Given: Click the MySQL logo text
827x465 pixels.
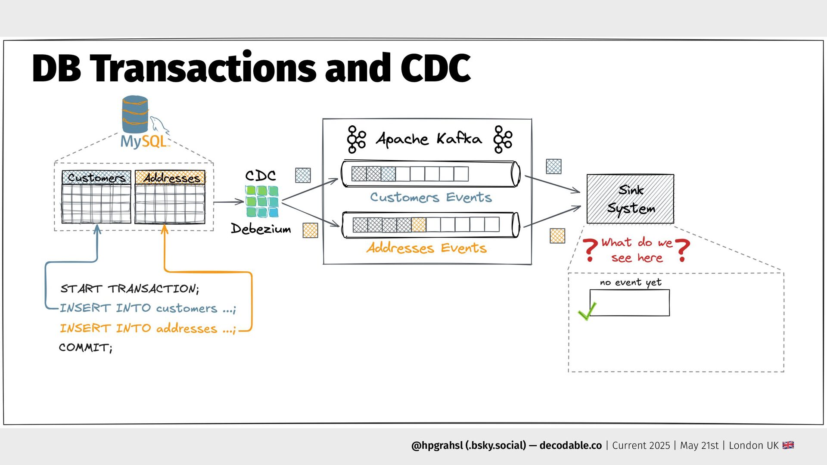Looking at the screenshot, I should (x=143, y=141).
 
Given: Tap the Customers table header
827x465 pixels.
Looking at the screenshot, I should (x=96, y=177).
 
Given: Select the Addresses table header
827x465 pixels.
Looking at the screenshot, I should (x=171, y=177).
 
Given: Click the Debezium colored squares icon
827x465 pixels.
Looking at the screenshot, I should (x=262, y=201).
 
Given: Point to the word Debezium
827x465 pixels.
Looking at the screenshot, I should (x=261, y=229).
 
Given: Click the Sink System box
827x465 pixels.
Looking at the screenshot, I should (x=630, y=199).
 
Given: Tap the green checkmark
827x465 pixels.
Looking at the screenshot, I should (x=587, y=311).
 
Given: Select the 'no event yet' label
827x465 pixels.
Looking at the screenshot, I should (x=630, y=282).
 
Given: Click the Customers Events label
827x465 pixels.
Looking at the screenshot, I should (x=431, y=197).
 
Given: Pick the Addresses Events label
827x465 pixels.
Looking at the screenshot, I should (x=426, y=248).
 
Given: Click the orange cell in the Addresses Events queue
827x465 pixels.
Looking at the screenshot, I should (x=419, y=225).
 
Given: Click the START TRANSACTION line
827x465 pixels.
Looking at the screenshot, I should (x=129, y=288).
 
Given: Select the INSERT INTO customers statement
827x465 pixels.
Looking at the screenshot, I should (x=147, y=308).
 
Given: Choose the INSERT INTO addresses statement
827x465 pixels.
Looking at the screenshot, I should (x=147, y=329).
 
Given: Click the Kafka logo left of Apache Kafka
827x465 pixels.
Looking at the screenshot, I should (x=356, y=139).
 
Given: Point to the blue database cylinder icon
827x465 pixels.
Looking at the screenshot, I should (x=135, y=114).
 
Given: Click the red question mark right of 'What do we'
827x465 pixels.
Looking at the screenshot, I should (x=682, y=250).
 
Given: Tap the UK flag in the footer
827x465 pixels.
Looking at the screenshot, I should (x=788, y=445).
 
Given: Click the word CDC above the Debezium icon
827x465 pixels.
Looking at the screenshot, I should (x=260, y=176).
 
